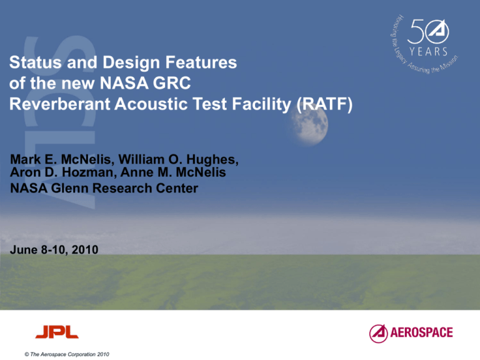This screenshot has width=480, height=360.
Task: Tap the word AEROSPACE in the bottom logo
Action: pyautogui.click(x=423, y=332)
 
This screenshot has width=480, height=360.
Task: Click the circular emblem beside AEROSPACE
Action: pyautogui.click(x=379, y=332)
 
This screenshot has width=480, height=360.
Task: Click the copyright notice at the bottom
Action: pyautogui.click(x=61, y=354)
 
